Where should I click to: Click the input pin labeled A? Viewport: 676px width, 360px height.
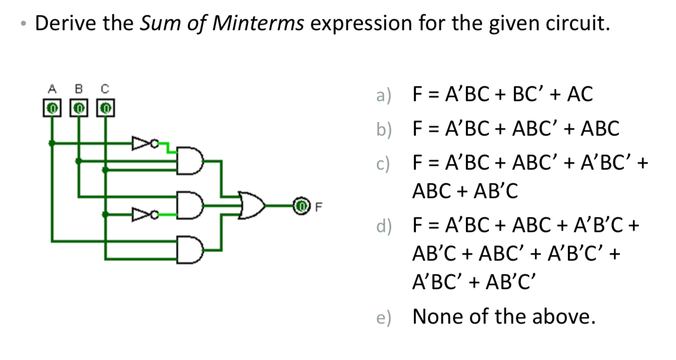pos(51,107)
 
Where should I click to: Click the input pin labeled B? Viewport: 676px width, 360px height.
pos(78,107)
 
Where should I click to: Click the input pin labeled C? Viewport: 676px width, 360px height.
pos(105,107)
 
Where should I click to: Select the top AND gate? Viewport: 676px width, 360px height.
pos(190,161)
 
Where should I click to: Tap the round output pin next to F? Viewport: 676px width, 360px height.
pos(300,205)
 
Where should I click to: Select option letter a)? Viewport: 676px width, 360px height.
pos(384,94)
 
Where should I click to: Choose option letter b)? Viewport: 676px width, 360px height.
pos(384,129)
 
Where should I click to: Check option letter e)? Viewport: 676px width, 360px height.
pos(384,317)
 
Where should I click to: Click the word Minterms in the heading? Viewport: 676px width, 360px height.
pos(257,23)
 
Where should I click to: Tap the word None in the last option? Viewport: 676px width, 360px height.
pos(438,316)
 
